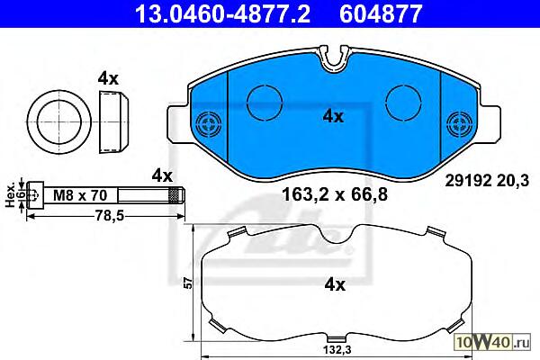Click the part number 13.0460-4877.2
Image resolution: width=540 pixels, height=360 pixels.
[222, 13]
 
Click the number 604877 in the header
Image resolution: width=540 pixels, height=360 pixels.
[381, 13]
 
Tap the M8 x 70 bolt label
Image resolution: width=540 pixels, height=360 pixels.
[80, 195]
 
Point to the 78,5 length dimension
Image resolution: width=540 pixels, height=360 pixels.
[105, 216]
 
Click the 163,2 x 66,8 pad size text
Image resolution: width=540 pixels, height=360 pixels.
[335, 194]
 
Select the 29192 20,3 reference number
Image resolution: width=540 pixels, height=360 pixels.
[487, 181]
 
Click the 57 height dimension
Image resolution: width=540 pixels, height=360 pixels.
[188, 283]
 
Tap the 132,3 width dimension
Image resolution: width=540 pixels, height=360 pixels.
[337, 350]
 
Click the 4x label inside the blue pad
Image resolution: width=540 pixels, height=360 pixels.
[333, 117]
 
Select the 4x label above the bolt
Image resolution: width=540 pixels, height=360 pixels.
[162, 175]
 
